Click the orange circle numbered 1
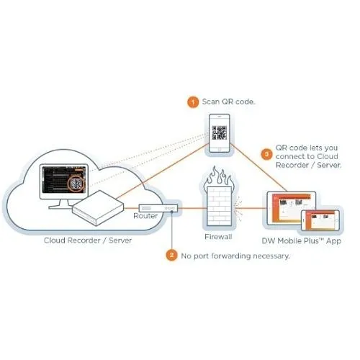pyautogui.click(x=192, y=102)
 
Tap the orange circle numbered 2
pyautogui.click(x=171, y=254)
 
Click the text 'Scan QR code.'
pyautogui.click(x=228, y=102)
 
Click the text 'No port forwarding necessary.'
pyautogui.click(x=235, y=255)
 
